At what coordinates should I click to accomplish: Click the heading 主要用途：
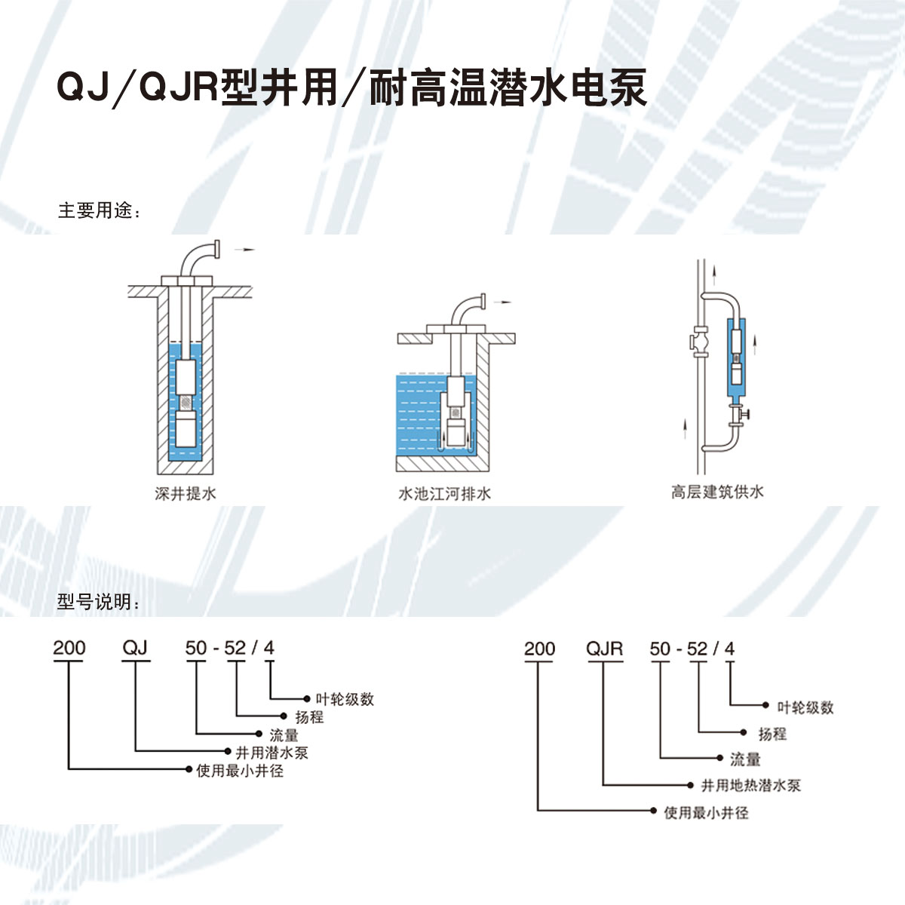click(100, 210)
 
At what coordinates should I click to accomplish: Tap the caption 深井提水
click(186, 494)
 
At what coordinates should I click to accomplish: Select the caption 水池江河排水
click(444, 494)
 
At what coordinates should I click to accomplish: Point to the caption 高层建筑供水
click(717, 492)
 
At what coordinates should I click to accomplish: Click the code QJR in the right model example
click(605, 649)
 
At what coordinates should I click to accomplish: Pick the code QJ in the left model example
click(135, 648)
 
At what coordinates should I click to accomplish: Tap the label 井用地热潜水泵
click(750, 785)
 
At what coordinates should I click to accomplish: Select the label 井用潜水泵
click(271, 752)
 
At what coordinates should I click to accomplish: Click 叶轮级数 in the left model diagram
click(345, 699)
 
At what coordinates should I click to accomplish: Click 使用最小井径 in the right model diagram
click(706, 813)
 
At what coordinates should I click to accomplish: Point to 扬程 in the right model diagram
click(772, 733)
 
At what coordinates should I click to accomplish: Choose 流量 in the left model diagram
click(284, 735)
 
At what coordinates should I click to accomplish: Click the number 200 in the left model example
click(69, 648)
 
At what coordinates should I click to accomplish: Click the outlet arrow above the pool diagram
click(502, 302)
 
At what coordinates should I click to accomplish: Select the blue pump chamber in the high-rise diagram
click(735, 357)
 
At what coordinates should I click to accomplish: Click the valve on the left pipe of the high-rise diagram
click(701, 344)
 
